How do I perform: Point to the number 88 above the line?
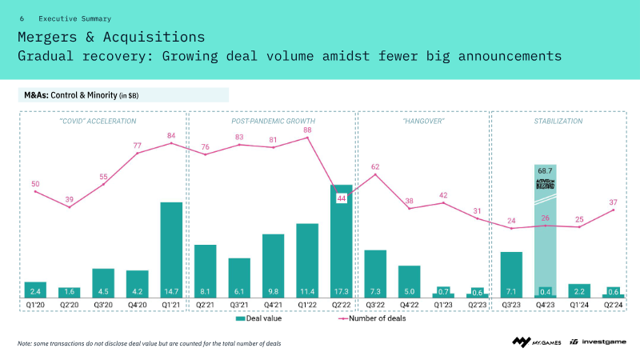point(307,130)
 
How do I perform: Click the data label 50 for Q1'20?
point(35,184)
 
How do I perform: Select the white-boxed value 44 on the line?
point(342,198)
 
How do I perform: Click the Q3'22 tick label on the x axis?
point(375,304)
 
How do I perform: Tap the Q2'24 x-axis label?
point(614,304)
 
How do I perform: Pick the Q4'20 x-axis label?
point(138,304)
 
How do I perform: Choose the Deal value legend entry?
point(258,318)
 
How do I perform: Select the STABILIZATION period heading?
point(558,121)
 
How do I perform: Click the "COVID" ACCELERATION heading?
point(98,121)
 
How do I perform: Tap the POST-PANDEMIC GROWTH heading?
point(274,121)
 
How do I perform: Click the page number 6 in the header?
point(22,18)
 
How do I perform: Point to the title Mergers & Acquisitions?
point(110,37)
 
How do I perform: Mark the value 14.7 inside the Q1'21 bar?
point(171,292)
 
